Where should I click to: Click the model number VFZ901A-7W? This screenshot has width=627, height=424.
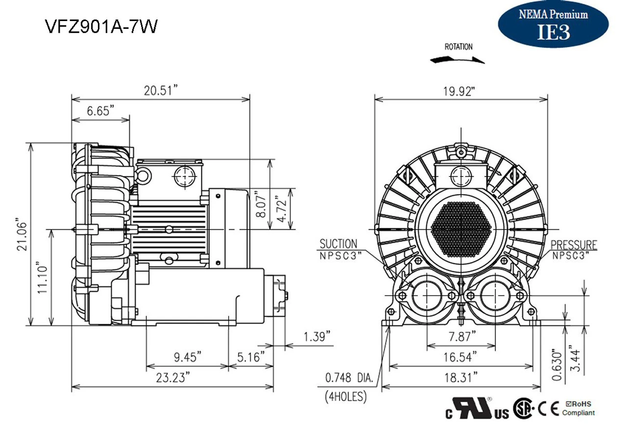coord(101,26)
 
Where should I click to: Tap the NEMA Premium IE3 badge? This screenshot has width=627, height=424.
coord(553,24)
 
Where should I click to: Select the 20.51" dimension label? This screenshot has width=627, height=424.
coord(160,90)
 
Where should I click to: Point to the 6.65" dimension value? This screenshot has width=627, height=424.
coord(100,111)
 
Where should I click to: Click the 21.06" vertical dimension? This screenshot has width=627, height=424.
coord(21,234)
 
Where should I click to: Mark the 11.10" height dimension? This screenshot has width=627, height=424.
coord(43,279)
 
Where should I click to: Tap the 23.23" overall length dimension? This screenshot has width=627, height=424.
coord(172,377)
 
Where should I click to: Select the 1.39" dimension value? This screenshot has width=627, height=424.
coord(317,337)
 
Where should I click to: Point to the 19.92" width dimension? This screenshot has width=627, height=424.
coord(459,91)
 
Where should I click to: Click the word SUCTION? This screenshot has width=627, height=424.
coord(338,244)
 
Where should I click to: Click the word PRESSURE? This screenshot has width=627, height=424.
coord(574,245)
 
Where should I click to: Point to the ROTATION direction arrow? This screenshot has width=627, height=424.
coord(458,59)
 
